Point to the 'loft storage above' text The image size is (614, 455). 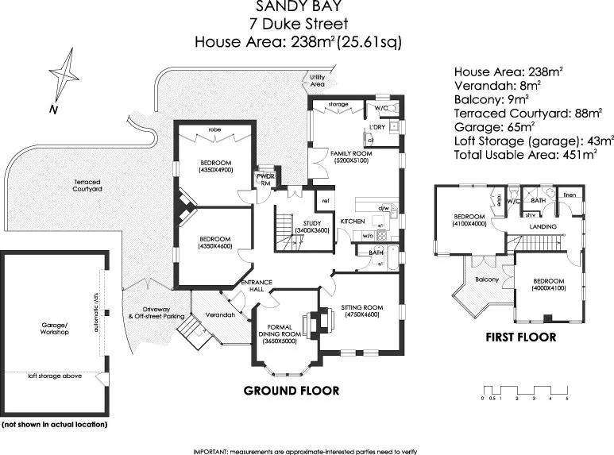point(55,376)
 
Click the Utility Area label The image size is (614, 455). point(317,80)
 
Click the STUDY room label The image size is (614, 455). point(299,223)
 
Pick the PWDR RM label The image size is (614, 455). point(265,179)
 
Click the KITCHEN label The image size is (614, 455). point(353,220)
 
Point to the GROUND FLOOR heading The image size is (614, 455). point(291,391)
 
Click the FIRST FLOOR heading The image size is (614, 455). point(520,337)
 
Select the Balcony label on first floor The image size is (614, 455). point(486,280)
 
